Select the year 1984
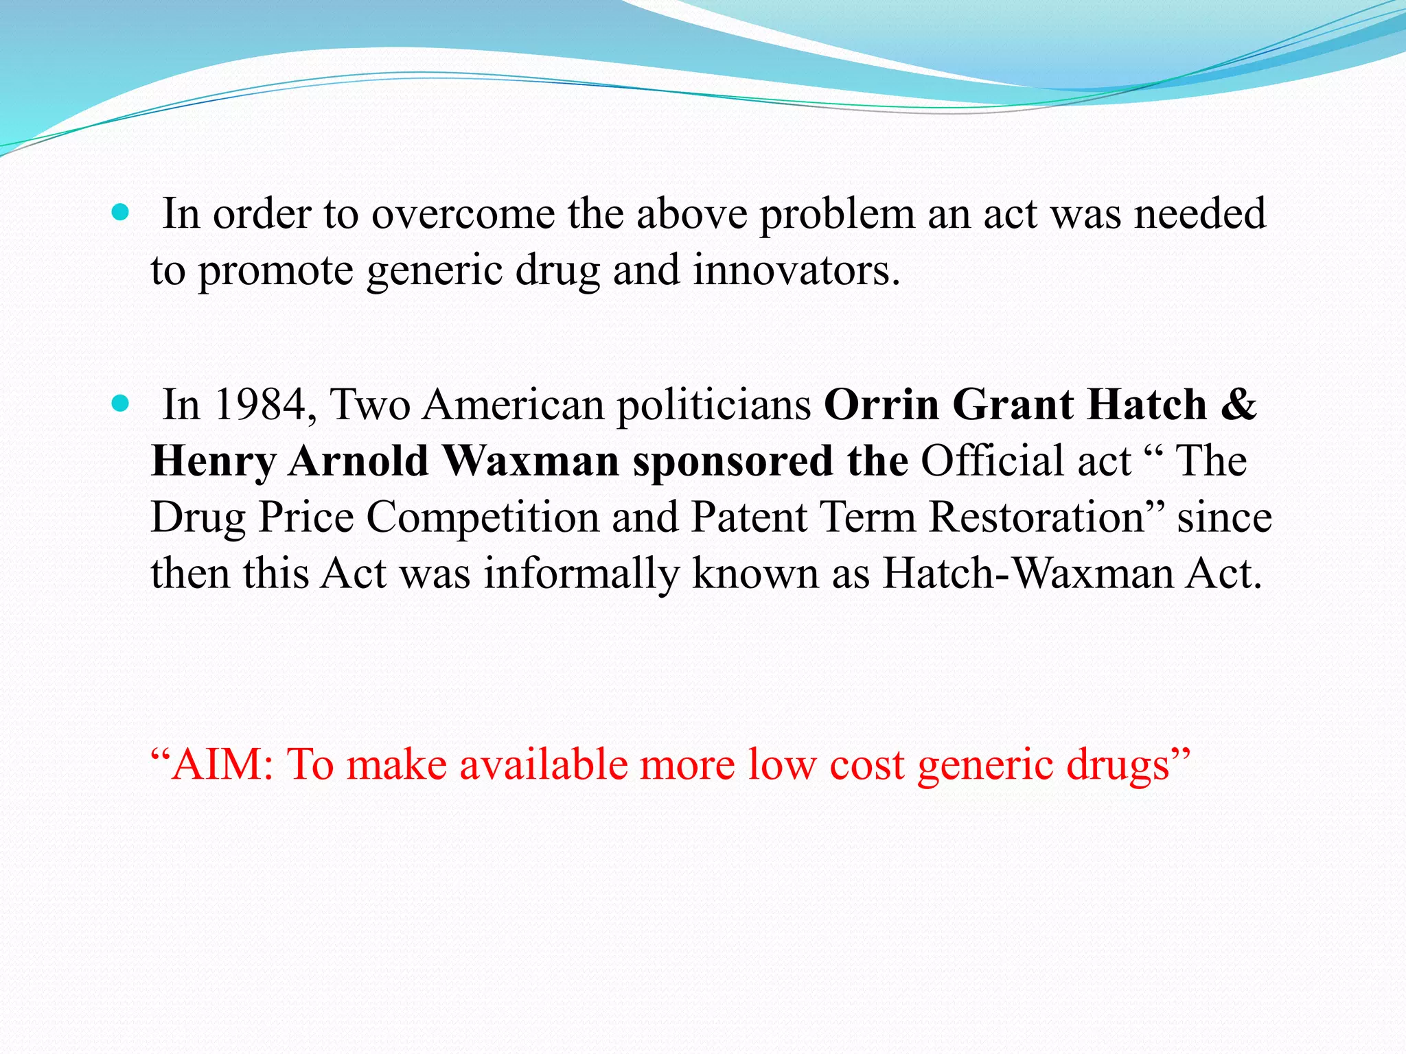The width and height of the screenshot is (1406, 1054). pos(260,405)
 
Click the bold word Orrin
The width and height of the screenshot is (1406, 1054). pos(881,405)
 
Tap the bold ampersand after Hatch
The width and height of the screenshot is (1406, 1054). pos(1238,405)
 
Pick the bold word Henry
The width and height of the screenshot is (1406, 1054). pos(214,462)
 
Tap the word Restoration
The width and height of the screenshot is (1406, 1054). pos(1037,517)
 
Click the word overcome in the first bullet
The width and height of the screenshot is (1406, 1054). pos(463,214)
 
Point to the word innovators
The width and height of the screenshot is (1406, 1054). pos(796,270)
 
